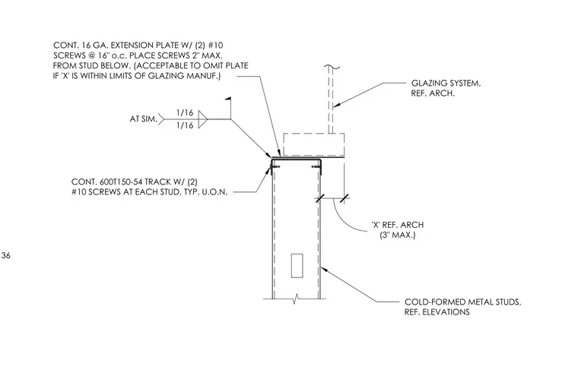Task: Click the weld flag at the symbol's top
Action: point(229,99)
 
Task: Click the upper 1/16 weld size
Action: point(185,112)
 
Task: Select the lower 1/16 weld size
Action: point(185,125)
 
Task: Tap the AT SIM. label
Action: point(144,119)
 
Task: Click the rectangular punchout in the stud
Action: point(297,266)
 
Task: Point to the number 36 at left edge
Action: point(5,255)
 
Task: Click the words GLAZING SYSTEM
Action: point(446,84)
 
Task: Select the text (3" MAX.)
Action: point(397,235)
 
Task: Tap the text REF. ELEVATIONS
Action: point(437,312)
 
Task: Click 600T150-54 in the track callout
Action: point(121,182)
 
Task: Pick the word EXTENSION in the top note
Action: point(128,46)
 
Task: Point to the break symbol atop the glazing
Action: point(332,67)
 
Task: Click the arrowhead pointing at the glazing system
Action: point(337,105)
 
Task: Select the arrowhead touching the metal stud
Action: point(325,270)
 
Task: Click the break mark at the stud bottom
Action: point(295,299)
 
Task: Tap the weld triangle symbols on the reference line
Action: point(203,119)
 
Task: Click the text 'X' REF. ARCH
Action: point(397,225)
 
